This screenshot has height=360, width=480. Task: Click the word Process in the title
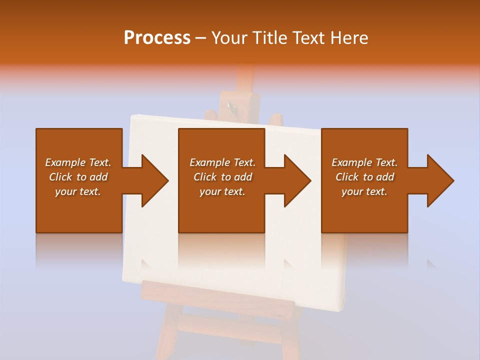157,38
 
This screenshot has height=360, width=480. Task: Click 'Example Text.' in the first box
78,162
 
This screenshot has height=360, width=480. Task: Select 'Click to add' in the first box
78,177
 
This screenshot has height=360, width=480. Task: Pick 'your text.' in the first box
78,191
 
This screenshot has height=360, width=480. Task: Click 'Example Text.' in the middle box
222,162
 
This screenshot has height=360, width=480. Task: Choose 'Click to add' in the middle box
222,177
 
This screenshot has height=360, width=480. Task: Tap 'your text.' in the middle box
222,191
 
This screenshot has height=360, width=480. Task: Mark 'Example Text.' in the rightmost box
364,162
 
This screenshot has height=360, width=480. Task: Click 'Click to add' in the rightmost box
364,177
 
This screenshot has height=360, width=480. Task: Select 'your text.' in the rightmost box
364,191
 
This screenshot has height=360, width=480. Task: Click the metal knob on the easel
230,106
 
